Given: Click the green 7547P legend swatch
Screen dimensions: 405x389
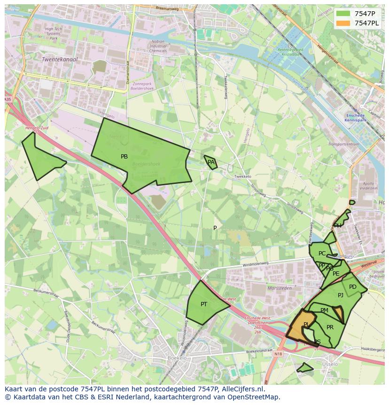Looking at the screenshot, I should click(343, 14).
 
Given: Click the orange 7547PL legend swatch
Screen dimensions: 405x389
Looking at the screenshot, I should click(343, 23).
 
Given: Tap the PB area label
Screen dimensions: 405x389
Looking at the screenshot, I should click(124, 157).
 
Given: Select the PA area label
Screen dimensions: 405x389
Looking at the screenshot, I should click(211, 162).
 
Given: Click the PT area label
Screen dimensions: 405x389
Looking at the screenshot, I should click(204, 304).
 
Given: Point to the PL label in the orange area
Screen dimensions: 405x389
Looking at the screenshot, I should click(306, 325).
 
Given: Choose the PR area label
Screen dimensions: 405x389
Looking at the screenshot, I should click(330, 327).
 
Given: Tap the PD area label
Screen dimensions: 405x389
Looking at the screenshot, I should click(353, 287).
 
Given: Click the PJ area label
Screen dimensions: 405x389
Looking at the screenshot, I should click(341, 295).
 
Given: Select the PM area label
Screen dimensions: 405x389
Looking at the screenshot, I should click(324, 310).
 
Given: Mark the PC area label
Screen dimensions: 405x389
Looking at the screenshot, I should click(322, 254).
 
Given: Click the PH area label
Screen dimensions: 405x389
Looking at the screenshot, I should click(338, 226).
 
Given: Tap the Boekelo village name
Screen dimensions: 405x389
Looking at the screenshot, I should click(177, 358).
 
